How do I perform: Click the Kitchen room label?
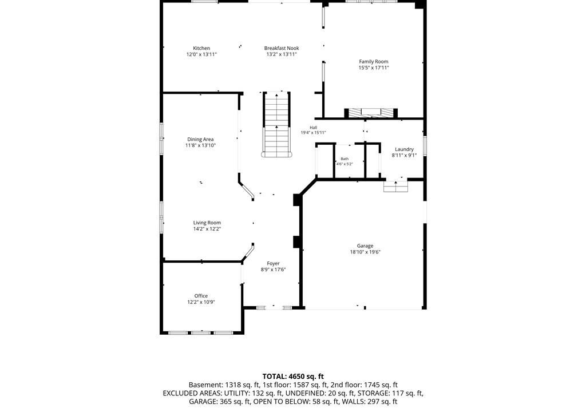[201, 48]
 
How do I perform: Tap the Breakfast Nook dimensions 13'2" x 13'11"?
[282, 54]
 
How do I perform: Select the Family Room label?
[374, 62]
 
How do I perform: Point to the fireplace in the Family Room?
[371, 113]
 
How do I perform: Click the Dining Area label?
[201, 140]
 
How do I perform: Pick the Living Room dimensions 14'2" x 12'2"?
[207, 229]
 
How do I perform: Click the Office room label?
[201, 296]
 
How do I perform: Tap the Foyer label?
[273, 264]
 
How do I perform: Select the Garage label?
[365, 246]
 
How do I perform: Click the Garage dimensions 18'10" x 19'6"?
[365, 252]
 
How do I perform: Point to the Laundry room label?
[405, 149]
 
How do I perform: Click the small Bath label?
[345, 159]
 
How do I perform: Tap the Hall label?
[313, 128]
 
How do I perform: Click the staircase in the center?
[276, 124]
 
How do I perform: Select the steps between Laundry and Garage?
[396, 186]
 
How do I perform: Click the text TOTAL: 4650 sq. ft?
[293, 377]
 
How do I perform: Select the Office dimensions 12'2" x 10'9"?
[201, 302]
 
